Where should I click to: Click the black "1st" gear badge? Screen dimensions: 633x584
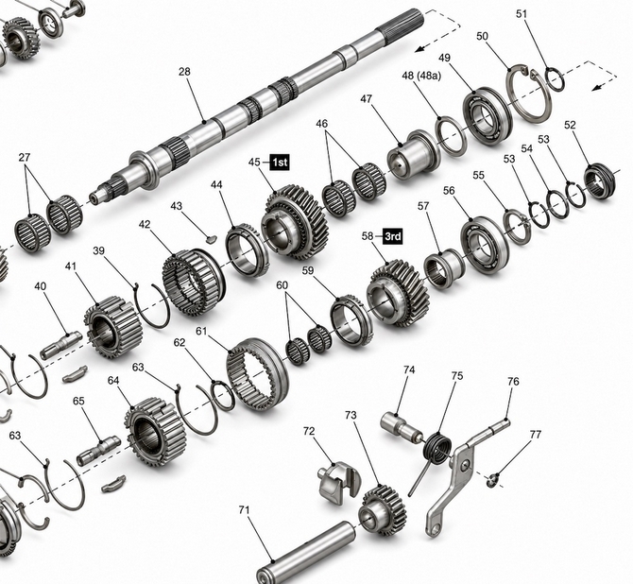(280, 163)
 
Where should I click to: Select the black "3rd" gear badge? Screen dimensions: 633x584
(392, 236)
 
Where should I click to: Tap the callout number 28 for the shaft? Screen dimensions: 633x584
(184, 72)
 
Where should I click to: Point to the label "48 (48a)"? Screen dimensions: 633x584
(421, 76)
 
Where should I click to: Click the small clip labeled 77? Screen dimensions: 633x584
(491, 481)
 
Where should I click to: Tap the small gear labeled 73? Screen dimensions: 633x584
(382, 510)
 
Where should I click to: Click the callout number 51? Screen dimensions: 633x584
(522, 14)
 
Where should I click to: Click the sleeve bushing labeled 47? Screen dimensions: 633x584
(413, 155)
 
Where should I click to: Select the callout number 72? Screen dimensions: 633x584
(309, 431)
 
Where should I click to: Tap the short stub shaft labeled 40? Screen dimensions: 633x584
(61, 345)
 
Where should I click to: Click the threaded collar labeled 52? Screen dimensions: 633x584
(600, 180)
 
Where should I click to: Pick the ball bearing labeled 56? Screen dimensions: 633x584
(485, 245)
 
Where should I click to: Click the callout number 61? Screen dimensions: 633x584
(201, 331)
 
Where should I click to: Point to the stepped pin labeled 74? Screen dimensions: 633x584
(402, 426)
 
